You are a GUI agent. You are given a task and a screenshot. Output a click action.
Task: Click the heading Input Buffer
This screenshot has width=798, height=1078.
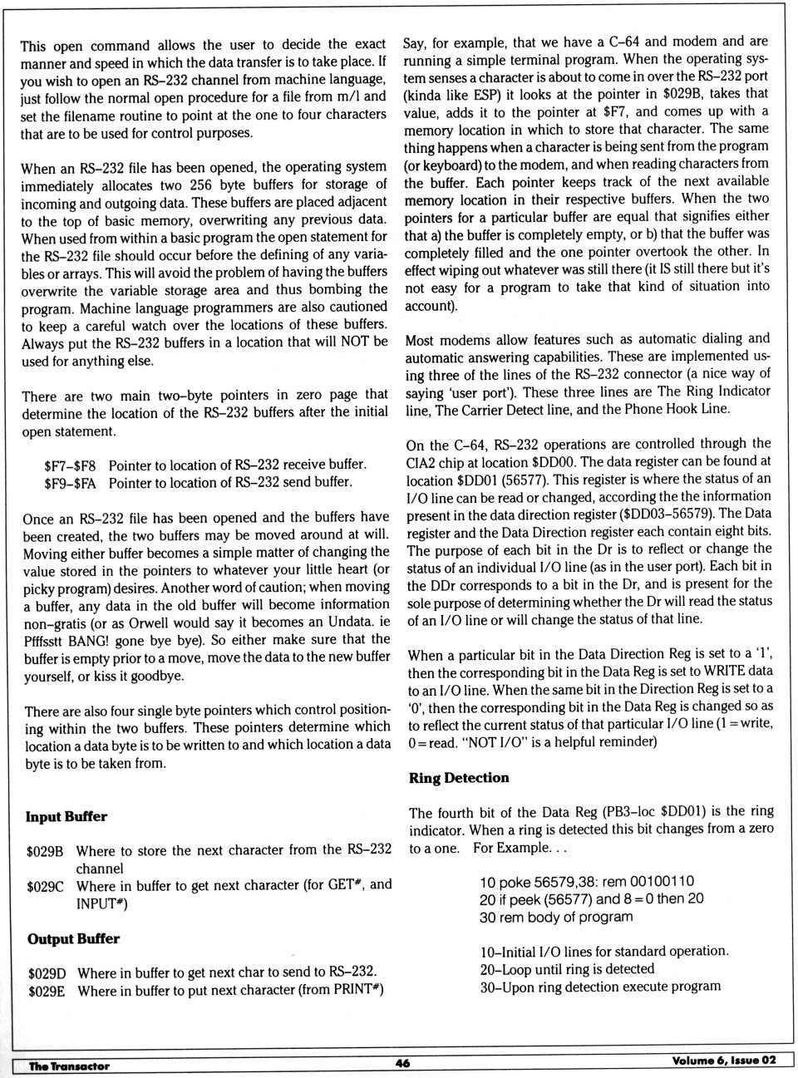click(66, 816)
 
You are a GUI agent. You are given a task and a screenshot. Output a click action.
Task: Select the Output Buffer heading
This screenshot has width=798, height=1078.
click(73, 938)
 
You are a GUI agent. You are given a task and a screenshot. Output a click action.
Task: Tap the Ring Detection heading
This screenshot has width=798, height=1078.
click(459, 777)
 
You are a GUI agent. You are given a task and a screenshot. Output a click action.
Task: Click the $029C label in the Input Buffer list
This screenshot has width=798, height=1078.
click(45, 886)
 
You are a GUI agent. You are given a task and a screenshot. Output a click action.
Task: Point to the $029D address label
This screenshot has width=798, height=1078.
click(47, 972)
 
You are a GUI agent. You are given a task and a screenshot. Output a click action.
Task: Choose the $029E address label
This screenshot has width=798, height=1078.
click(47, 990)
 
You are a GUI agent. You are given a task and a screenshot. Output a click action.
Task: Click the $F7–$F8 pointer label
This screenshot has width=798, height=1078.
click(70, 465)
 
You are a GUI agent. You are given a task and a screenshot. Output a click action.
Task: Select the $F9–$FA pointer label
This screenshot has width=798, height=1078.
click(70, 483)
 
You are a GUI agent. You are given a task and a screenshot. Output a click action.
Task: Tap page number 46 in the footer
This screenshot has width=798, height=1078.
click(402, 1062)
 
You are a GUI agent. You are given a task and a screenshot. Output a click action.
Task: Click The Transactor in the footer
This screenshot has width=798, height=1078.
click(69, 1066)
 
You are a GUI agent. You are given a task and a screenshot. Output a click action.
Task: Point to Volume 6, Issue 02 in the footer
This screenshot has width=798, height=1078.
click(724, 1060)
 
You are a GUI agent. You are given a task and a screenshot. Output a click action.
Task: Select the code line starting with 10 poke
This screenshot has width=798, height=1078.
click(587, 881)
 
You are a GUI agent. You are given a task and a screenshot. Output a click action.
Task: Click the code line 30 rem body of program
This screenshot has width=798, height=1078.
click(556, 917)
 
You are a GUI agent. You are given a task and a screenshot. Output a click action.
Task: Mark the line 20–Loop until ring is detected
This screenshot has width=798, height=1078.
click(567, 969)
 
